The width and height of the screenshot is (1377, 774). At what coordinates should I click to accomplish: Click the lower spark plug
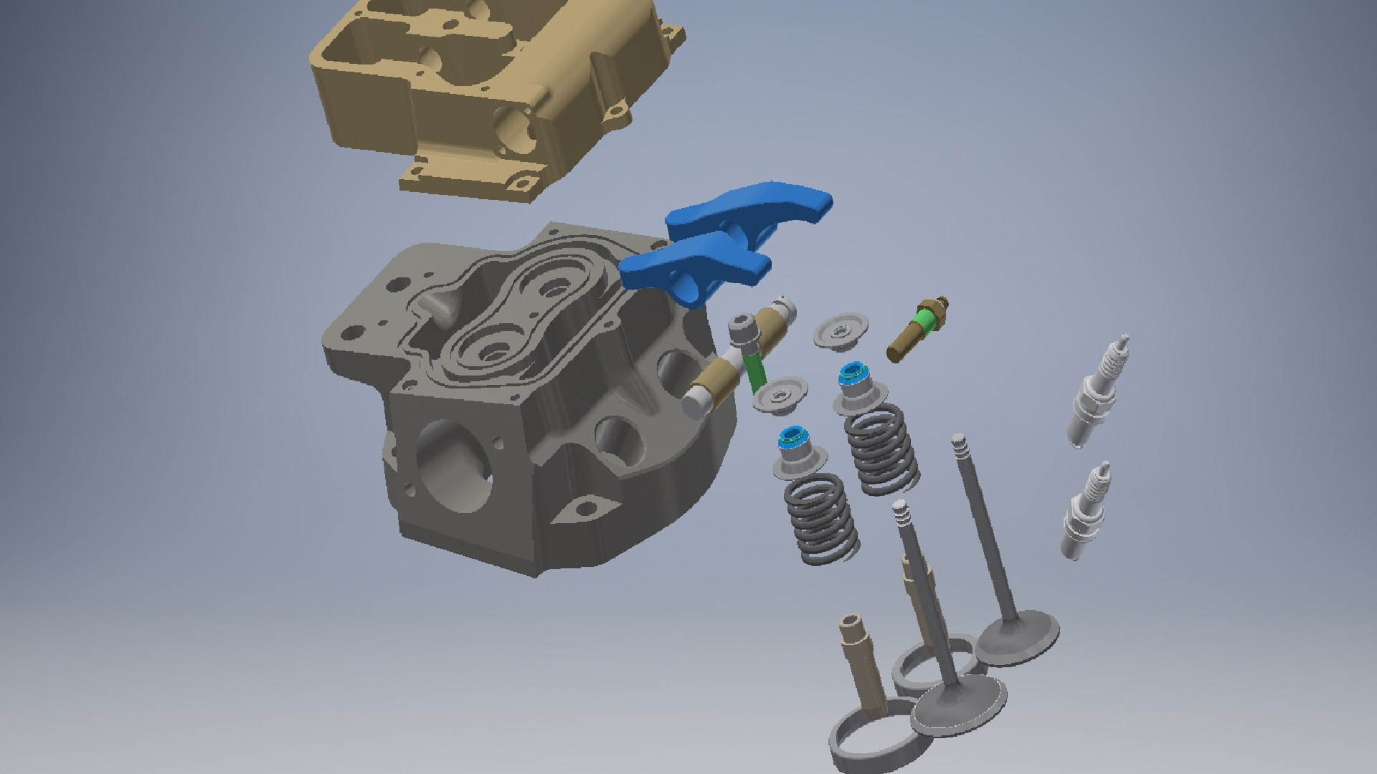click(x=1084, y=512)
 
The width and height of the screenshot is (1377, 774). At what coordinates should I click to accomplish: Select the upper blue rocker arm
click(x=753, y=208)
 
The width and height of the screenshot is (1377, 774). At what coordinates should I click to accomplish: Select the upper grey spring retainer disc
click(x=841, y=330)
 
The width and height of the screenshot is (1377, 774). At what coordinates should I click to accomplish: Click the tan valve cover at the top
click(x=495, y=93)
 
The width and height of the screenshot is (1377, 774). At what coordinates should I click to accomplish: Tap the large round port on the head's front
click(x=452, y=466)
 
